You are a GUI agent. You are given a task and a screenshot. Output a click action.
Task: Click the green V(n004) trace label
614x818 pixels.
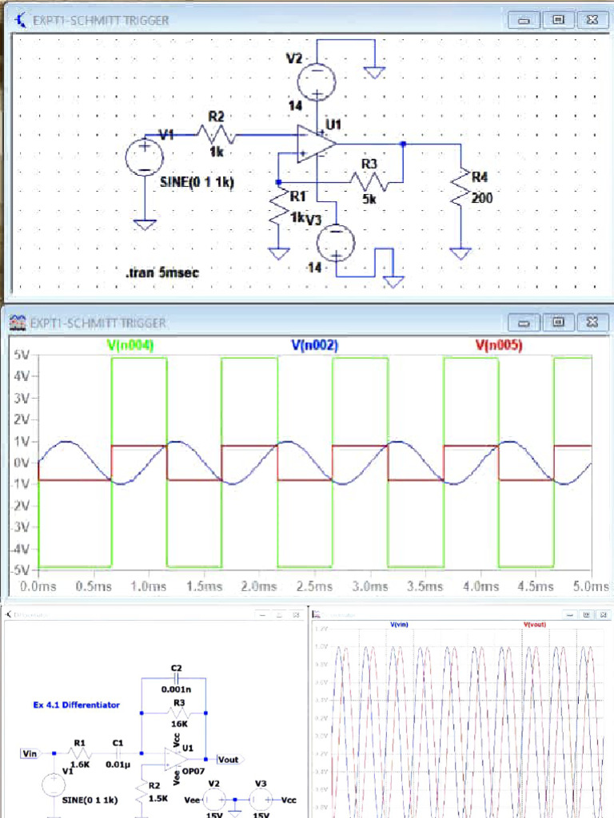130,346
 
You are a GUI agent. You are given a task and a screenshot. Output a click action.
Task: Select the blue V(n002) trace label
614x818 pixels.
314,346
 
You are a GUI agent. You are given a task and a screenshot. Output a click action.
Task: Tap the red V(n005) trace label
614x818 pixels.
499,346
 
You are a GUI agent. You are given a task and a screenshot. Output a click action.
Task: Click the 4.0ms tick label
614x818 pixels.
480,586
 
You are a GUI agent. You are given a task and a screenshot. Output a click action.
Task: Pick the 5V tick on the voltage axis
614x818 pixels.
22,354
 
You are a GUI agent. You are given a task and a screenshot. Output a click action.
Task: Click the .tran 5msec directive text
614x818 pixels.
162,273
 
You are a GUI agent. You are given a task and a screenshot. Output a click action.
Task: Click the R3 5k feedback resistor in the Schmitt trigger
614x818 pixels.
369,182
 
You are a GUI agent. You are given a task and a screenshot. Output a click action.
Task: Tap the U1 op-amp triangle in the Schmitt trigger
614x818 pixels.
315,145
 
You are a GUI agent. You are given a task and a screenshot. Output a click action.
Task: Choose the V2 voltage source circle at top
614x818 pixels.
317,81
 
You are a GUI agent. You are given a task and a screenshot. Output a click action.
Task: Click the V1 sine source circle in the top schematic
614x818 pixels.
145,156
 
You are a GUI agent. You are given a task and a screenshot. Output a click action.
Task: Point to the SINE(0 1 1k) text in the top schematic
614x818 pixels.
197,182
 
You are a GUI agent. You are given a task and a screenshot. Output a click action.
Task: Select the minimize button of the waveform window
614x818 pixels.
525,322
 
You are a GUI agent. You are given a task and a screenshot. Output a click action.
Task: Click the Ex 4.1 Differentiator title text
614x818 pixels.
76,705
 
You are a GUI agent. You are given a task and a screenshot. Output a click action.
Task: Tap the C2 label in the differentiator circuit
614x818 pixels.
176,667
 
